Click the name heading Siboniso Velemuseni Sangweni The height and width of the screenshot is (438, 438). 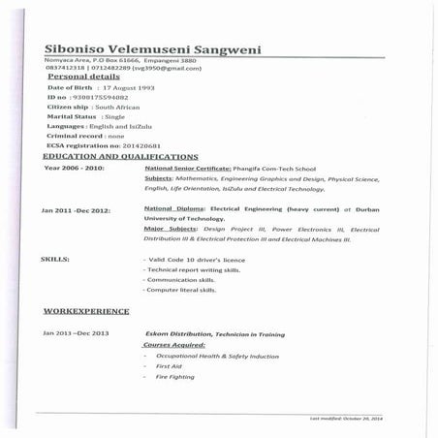[152, 50]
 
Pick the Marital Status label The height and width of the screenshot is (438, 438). [74, 116]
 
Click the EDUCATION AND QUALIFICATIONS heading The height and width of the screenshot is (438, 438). [121, 155]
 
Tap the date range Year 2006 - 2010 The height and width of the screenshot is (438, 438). [74, 167]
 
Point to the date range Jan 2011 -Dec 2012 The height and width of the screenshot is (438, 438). [76, 210]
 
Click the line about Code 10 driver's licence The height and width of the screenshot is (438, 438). [194, 260]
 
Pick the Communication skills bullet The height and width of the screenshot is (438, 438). [180, 280]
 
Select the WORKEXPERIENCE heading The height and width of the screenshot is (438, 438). [86, 311]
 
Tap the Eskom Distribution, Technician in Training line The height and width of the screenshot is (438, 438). [214, 333]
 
